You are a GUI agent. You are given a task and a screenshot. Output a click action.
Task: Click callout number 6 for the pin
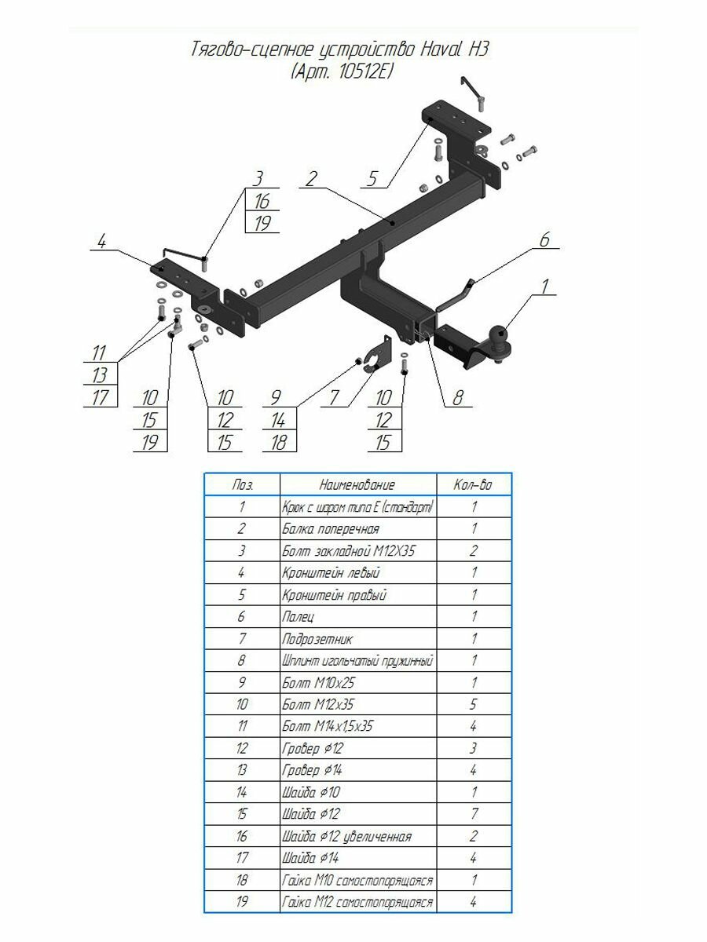tap(544, 240)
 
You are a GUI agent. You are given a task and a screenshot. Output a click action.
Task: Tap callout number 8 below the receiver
tap(458, 398)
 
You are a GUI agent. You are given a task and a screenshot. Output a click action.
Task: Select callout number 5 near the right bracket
tap(372, 179)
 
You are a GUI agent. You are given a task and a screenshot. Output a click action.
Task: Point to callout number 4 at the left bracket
tap(102, 242)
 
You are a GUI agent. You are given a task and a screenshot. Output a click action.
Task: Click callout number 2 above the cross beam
tap(311, 179)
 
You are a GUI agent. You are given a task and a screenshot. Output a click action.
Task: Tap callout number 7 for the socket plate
tap(335, 398)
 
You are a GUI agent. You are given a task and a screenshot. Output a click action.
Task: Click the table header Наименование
tap(357, 485)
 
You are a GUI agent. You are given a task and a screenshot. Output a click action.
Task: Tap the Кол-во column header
tap(473, 485)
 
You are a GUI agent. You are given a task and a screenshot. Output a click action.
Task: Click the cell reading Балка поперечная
tap(331, 529)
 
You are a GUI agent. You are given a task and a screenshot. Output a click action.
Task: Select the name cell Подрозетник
tap(317, 639)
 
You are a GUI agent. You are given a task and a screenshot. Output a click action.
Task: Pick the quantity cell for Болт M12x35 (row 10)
tap(473, 704)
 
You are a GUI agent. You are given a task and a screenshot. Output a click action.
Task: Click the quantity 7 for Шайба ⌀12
tap(474, 814)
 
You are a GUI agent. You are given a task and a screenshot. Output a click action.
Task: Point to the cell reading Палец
tap(298, 617)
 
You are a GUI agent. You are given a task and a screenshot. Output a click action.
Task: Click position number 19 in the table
tap(242, 901)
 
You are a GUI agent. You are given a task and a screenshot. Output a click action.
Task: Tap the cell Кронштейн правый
tap(335, 595)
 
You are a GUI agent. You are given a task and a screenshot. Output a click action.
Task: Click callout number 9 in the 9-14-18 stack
tap(276, 398)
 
